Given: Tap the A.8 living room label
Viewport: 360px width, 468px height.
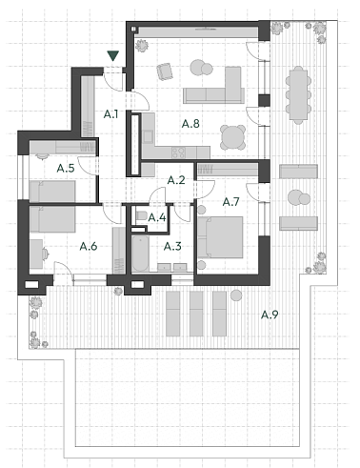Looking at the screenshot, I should pos(190,123).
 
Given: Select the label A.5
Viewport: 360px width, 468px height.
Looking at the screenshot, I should pos(66,168).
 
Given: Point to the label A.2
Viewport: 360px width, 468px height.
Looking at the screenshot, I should pos(175,179).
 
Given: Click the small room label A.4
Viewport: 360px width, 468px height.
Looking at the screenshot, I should pos(157,217).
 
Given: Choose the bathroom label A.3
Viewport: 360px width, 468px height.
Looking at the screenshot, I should pos(172,246).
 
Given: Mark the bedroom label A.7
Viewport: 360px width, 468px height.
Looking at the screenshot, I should pos(231,202).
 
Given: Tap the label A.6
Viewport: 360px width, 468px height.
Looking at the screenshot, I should pos(89,246).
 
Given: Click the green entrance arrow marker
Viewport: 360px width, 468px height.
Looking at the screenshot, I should pos(113,57).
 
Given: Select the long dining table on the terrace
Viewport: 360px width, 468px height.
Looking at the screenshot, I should pos(298,93).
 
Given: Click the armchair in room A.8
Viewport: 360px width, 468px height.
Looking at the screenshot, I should pos(165,71).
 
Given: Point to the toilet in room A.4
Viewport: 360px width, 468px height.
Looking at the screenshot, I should pos(141,217).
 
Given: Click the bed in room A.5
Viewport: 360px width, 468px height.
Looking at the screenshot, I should pos(52,191).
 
